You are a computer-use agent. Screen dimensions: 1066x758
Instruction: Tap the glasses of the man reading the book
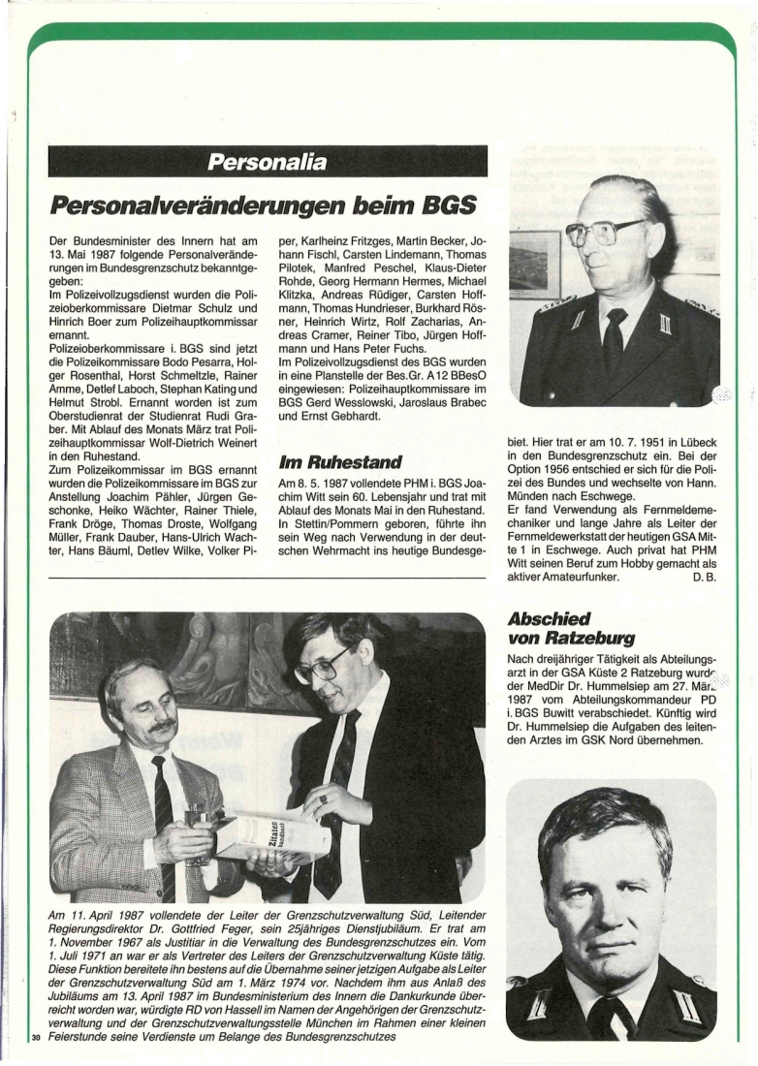point(325,664)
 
